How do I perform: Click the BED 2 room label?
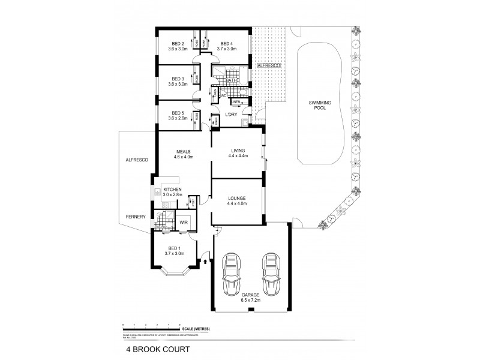click(x=176, y=43)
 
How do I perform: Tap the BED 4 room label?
click(x=226, y=43)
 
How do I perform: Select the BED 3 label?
click(x=176, y=79)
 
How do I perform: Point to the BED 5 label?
click(x=176, y=113)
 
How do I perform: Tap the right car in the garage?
click(x=271, y=274)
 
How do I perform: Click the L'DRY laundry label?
click(x=231, y=115)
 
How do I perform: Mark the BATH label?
click(x=232, y=80)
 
